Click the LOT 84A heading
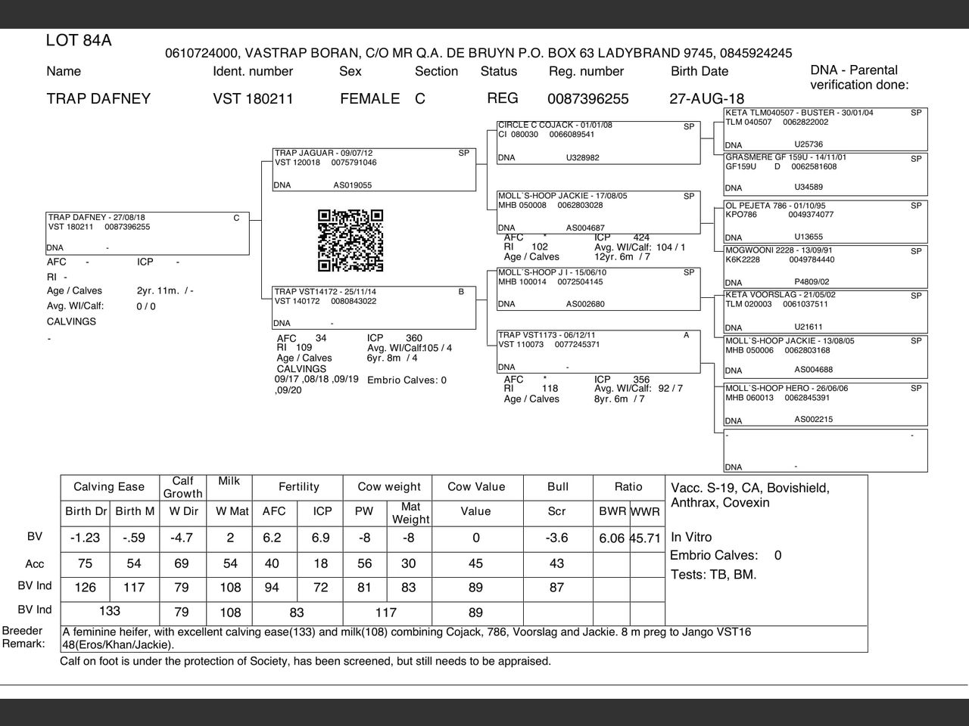79,41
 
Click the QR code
351,240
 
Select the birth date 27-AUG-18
706,99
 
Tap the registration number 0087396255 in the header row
587,99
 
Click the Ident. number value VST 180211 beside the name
253,99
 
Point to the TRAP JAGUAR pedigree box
374,169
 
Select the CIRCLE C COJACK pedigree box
598,142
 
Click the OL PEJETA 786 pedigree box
825,222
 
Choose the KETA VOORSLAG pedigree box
825,312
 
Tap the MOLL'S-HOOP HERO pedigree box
825,405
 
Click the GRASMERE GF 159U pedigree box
825,174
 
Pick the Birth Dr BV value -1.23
85,538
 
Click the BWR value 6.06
612,538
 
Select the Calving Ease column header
109,487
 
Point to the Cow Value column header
476,487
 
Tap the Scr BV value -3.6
556,538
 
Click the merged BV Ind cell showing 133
110,611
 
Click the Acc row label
35,564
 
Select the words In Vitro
691,537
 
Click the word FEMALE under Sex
369,99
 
